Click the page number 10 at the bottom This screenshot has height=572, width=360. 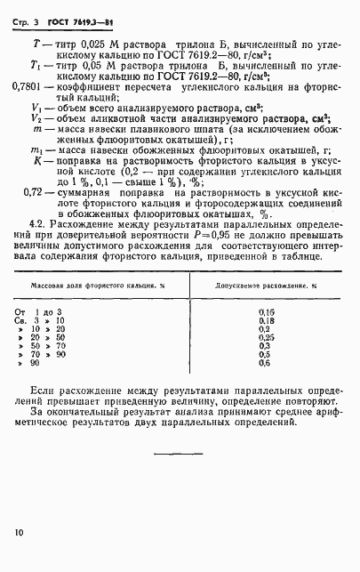(20, 532)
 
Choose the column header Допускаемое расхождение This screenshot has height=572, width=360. (263, 287)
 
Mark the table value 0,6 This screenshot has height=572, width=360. (264, 363)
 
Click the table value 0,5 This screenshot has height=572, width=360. (264, 355)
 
